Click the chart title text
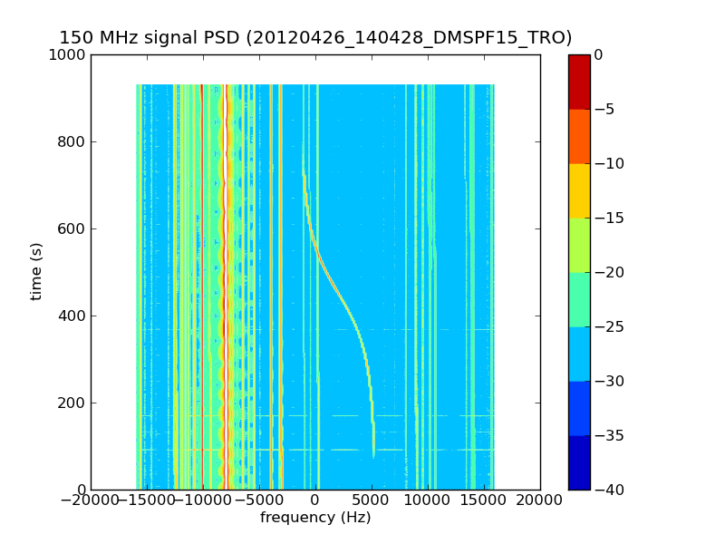315,38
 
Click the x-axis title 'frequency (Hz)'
315,518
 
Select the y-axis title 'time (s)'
37,271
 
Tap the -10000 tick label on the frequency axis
203,500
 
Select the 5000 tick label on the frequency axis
372,500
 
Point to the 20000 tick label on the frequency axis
540,500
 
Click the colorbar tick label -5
604,110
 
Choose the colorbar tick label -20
608,273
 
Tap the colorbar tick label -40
608,491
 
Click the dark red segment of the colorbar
578,82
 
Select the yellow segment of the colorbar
578,190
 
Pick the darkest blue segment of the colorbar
578,462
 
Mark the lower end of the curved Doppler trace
373,455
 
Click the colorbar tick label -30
608,382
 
